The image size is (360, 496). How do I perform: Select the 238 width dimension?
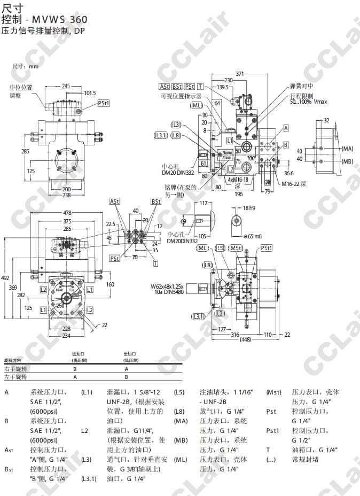tap(66, 196)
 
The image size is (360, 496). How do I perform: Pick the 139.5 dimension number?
tap(222, 87)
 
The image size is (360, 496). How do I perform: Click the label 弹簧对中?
tap(301, 86)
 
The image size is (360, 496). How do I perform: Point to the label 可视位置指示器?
tap(181, 97)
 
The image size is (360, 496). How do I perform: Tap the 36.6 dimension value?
tap(289, 173)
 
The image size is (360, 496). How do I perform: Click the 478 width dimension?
tap(67, 213)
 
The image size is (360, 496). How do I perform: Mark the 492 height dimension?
tap(5, 278)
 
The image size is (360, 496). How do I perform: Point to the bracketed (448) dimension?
tap(246, 339)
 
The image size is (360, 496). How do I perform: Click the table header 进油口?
tap(79, 354)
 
